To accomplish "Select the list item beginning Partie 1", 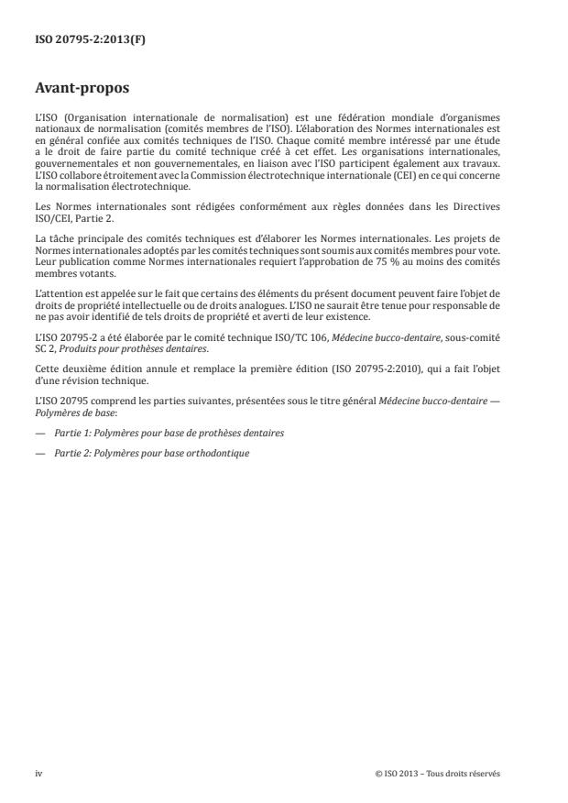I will pyautogui.click(x=169, y=432).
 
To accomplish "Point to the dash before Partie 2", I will pyautogui.click(x=41, y=453).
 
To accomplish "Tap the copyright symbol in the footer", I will pyautogui.click(x=378, y=774).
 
